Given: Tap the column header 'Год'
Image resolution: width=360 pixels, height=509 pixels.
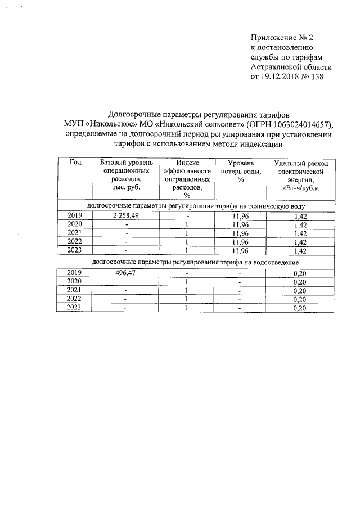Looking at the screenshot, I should tap(75, 162).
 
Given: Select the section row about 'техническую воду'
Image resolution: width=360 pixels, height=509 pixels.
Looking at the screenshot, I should tap(196, 206).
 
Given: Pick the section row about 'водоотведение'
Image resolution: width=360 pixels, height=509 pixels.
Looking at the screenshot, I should tap(196, 263).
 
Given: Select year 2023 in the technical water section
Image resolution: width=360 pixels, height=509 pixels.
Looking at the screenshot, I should tap(75, 250).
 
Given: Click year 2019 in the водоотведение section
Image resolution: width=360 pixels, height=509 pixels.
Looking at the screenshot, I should tap(75, 273).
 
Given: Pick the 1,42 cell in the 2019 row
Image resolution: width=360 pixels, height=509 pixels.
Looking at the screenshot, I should tap(303, 215).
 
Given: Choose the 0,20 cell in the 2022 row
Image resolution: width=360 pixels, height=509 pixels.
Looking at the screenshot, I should tap(303, 299).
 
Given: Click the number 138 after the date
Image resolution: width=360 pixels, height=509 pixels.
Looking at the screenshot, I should tap(317, 76).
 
